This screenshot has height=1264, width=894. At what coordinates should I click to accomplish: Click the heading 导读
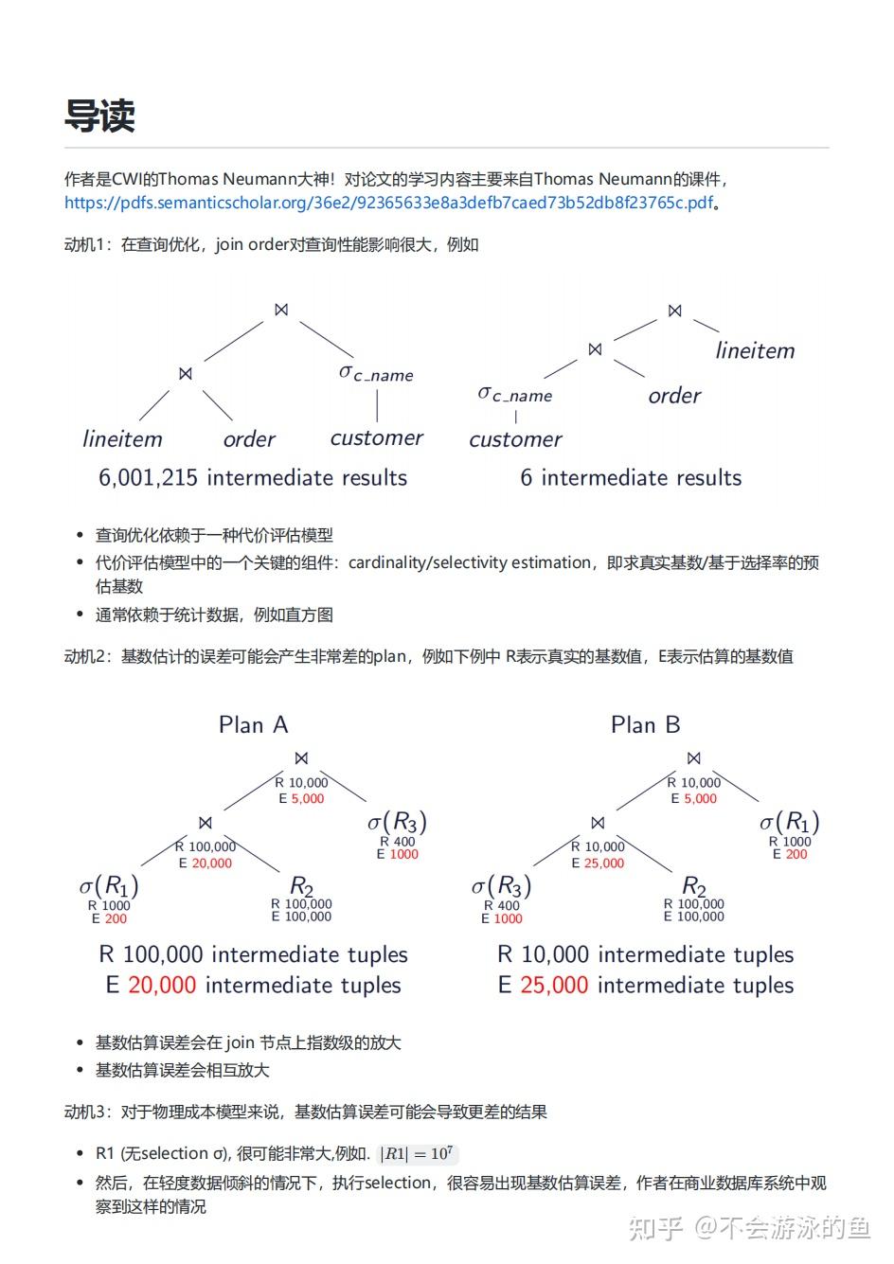[x=100, y=116]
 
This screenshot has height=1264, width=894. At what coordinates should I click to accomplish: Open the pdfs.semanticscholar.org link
[x=388, y=203]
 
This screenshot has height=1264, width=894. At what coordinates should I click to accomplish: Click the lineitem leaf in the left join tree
[x=122, y=439]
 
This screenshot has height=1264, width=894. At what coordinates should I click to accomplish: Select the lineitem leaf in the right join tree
[x=755, y=350]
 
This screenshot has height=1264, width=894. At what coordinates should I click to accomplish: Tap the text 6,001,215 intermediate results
[x=253, y=478]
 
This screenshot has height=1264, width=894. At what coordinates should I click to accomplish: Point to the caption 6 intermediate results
[x=631, y=478]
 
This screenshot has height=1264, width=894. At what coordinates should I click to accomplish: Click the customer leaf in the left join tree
[x=376, y=438]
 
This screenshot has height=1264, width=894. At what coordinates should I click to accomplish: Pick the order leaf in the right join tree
[x=674, y=396]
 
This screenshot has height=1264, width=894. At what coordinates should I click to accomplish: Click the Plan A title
[x=253, y=725]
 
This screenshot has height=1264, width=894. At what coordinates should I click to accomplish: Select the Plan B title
[x=645, y=725]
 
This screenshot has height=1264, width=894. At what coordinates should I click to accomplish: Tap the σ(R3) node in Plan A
[x=397, y=822]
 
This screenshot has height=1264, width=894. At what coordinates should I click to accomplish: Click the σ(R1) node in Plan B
[x=789, y=822]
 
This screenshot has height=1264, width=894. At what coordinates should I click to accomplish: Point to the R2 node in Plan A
[x=301, y=886]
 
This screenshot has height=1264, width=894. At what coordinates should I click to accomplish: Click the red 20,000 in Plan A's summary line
[x=162, y=986]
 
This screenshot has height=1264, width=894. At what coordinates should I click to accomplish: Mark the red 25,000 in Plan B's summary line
[x=554, y=986]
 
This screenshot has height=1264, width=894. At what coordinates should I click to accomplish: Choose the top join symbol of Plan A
[x=301, y=758]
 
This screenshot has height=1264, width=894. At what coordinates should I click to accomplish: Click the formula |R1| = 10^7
[x=417, y=1154]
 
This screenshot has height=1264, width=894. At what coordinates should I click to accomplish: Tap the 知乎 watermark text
[x=656, y=1228]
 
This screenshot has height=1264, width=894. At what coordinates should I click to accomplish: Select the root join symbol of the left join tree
[x=281, y=310]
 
